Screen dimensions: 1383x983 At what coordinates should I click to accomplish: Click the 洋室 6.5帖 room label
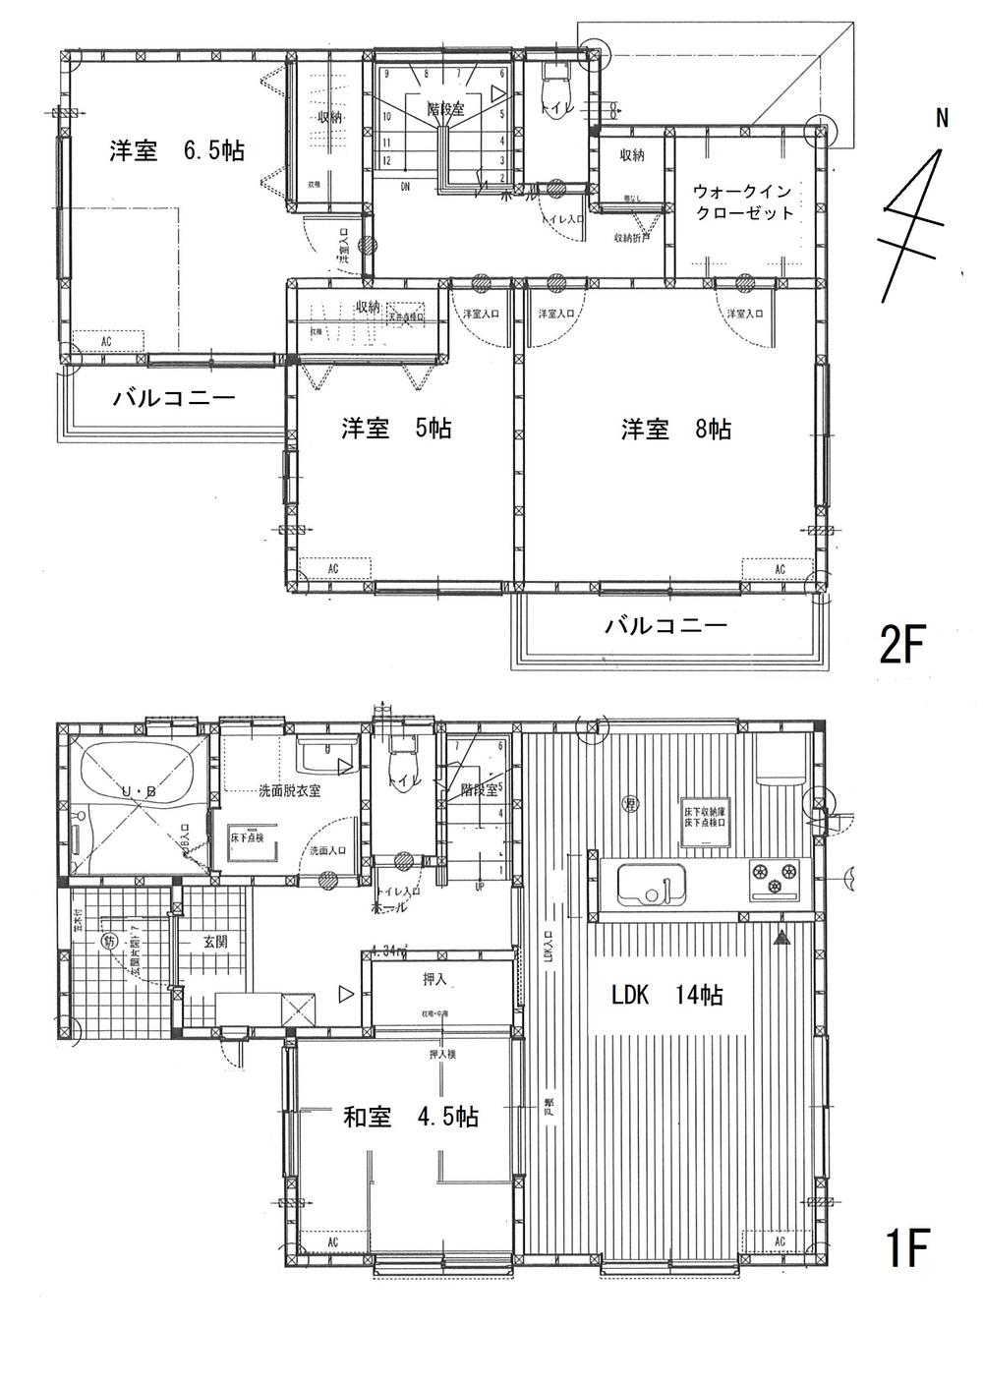(x=177, y=151)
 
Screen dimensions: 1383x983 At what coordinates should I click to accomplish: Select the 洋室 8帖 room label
(x=675, y=429)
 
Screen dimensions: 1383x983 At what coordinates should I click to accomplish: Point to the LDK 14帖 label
(x=667, y=995)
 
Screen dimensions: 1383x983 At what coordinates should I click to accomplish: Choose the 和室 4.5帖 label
(x=411, y=1117)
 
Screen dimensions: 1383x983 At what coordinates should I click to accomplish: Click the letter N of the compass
(x=941, y=119)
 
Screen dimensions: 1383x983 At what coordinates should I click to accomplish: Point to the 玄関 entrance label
(x=215, y=941)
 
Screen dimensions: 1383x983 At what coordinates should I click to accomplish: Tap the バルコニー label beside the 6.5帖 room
(x=174, y=399)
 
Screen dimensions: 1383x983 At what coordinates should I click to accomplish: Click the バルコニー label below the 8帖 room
(x=665, y=624)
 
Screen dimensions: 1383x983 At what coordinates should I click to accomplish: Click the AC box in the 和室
(x=332, y=1242)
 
